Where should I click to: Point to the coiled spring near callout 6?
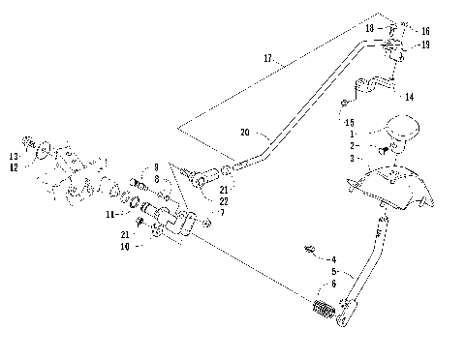tap(324, 312)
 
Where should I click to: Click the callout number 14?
tap(410, 97)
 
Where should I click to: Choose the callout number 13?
tap(15, 155)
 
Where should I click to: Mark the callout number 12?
tap(15, 165)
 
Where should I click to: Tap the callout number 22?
tap(224, 199)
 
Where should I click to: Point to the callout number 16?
tap(427, 30)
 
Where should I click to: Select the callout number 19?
tap(426, 45)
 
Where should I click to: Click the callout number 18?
tap(369, 30)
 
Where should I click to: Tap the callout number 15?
tap(348, 123)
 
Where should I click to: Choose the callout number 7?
tap(222, 211)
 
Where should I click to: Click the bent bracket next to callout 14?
tap(377, 87)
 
